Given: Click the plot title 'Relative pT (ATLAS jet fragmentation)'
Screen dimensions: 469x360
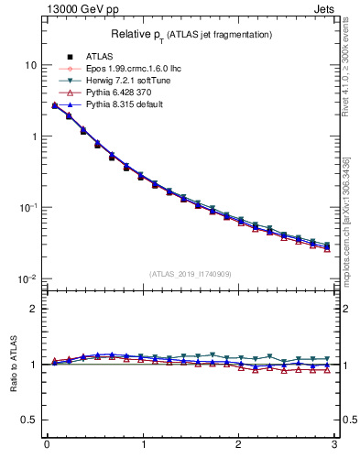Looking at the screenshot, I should (191, 34).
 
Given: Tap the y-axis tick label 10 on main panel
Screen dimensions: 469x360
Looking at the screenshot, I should (30, 65).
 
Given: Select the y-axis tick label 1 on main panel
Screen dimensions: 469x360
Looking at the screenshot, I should (34, 136).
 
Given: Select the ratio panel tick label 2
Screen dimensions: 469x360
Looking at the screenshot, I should (34, 309).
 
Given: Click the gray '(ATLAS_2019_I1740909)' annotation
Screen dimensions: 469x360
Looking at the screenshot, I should (191, 274).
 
